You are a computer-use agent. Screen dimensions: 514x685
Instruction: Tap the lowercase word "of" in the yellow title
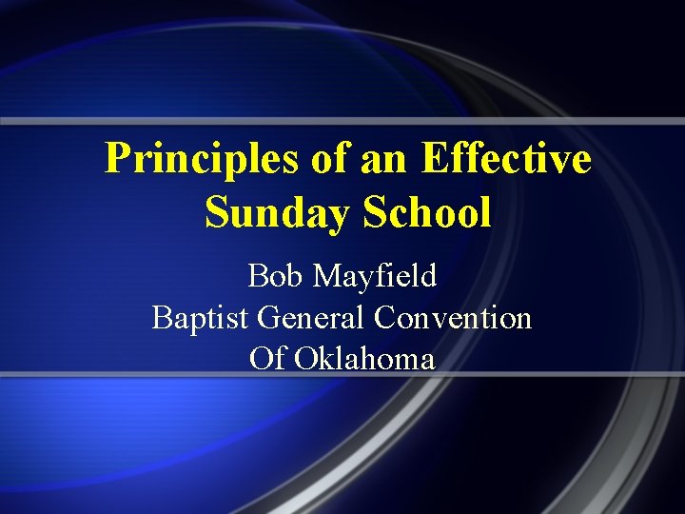click(x=330, y=158)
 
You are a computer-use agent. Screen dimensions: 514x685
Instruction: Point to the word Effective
click(x=505, y=158)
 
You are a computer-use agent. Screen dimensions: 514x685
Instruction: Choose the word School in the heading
click(x=426, y=212)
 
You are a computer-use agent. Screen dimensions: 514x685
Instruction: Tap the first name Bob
click(x=275, y=276)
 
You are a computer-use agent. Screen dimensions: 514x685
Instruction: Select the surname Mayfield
click(x=375, y=276)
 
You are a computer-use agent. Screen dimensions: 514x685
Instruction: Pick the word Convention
click(x=453, y=317)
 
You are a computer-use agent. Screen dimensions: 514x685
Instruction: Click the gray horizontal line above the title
click(x=342, y=122)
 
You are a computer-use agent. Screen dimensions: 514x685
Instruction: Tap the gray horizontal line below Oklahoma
click(x=342, y=375)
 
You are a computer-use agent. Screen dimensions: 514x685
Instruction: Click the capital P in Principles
click(x=115, y=158)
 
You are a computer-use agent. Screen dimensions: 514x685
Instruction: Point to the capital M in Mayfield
click(x=326, y=276)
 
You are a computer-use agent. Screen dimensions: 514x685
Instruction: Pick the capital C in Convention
click(x=385, y=317)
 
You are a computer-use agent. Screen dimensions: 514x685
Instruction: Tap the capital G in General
click(x=268, y=317)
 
